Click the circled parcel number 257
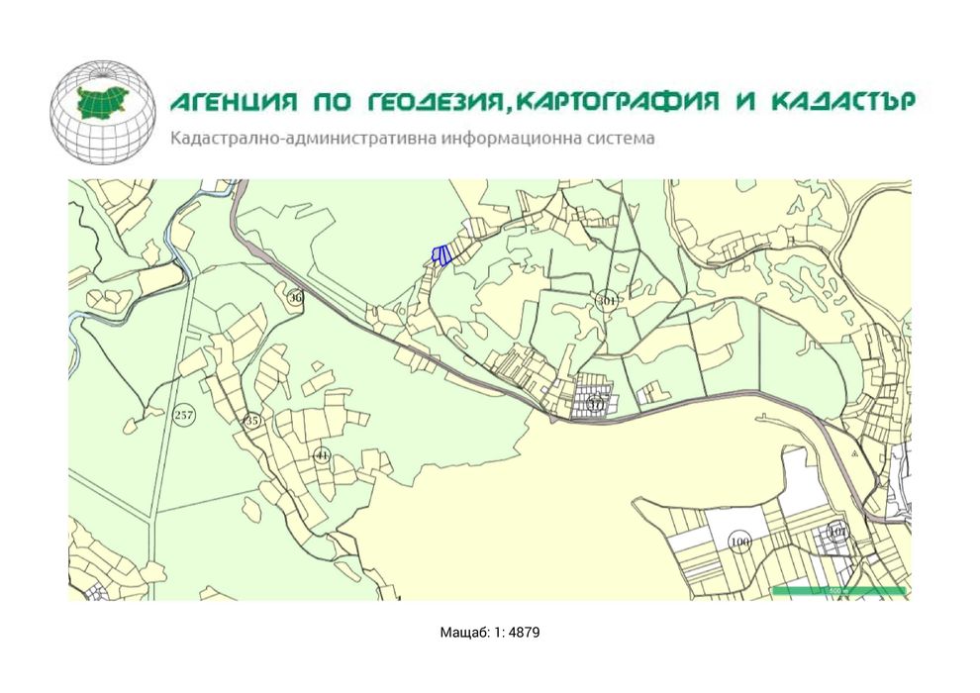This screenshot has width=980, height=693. point(183,415)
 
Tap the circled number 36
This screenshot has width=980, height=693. point(295,297)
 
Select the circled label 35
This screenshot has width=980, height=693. point(252,420)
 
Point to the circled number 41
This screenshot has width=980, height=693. point(322,455)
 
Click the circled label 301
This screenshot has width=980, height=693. point(607,300)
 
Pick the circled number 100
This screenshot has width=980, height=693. point(738,542)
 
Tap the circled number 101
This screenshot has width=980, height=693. point(838,532)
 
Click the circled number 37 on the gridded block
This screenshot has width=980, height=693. point(595,403)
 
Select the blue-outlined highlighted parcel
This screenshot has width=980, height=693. point(443,255)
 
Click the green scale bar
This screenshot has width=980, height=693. point(837,591)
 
